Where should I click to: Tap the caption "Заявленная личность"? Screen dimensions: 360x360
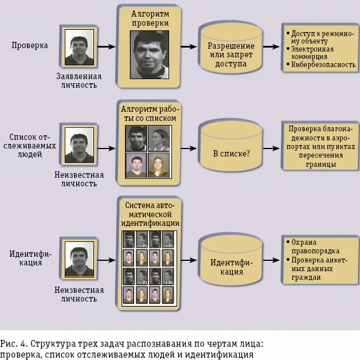[79, 80]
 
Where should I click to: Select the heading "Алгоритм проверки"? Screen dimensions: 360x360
[150, 18]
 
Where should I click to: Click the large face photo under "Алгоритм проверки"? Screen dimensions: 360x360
[150, 54]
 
